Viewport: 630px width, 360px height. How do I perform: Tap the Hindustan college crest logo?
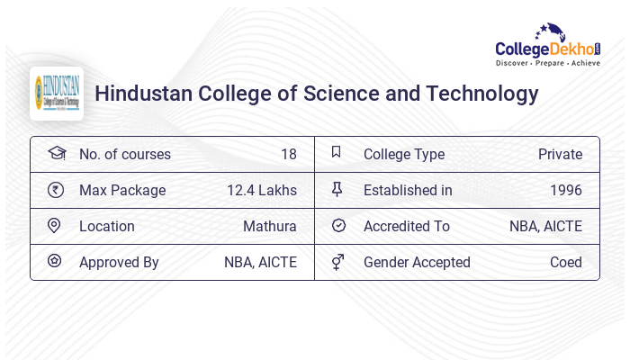[x=57, y=94]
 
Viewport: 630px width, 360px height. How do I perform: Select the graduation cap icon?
[x=57, y=153]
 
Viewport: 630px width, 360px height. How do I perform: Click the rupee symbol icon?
[x=57, y=190]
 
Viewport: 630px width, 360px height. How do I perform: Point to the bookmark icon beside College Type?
[x=337, y=153]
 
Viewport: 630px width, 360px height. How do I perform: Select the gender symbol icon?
[x=337, y=262]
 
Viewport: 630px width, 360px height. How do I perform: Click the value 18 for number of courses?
[x=288, y=154]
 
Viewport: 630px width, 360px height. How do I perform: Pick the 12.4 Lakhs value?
[x=262, y=190]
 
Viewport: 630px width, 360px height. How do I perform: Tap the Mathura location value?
[x=269, y=226]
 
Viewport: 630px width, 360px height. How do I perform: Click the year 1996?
[x=566, y=190]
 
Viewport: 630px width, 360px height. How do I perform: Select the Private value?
[x=560, y=154]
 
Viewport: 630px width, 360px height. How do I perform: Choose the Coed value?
[x=566, y=262]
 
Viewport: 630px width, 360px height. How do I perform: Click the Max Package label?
[x=122, y=190]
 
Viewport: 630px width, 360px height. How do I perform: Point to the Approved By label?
[x=119, y=262]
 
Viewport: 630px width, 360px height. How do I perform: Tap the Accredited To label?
[x=407, y=226]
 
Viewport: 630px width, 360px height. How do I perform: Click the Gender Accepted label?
[x=417, y=262]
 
